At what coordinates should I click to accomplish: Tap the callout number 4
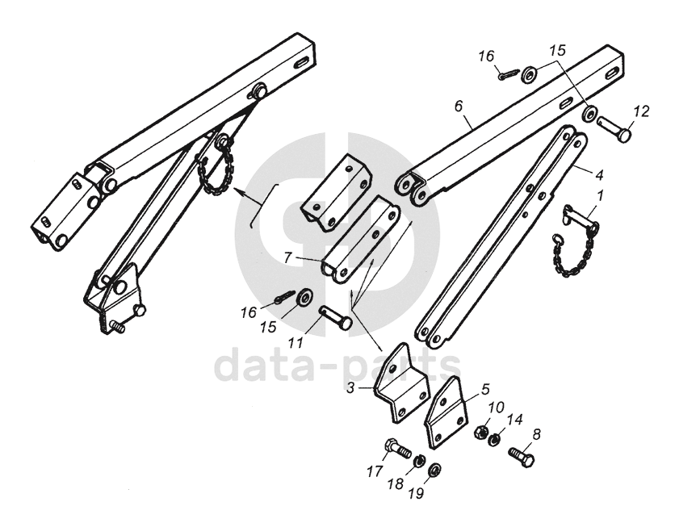[x=598, y=174]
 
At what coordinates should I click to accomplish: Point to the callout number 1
[x=598, y=194]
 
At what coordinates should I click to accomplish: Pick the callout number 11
[x=296, y=343]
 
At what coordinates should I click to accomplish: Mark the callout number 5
[x=485, y=388]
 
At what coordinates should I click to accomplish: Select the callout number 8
[x=537, y=433]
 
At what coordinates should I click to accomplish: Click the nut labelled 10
[x=480, y=432]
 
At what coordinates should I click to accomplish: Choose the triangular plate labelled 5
[x=447, y=412]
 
